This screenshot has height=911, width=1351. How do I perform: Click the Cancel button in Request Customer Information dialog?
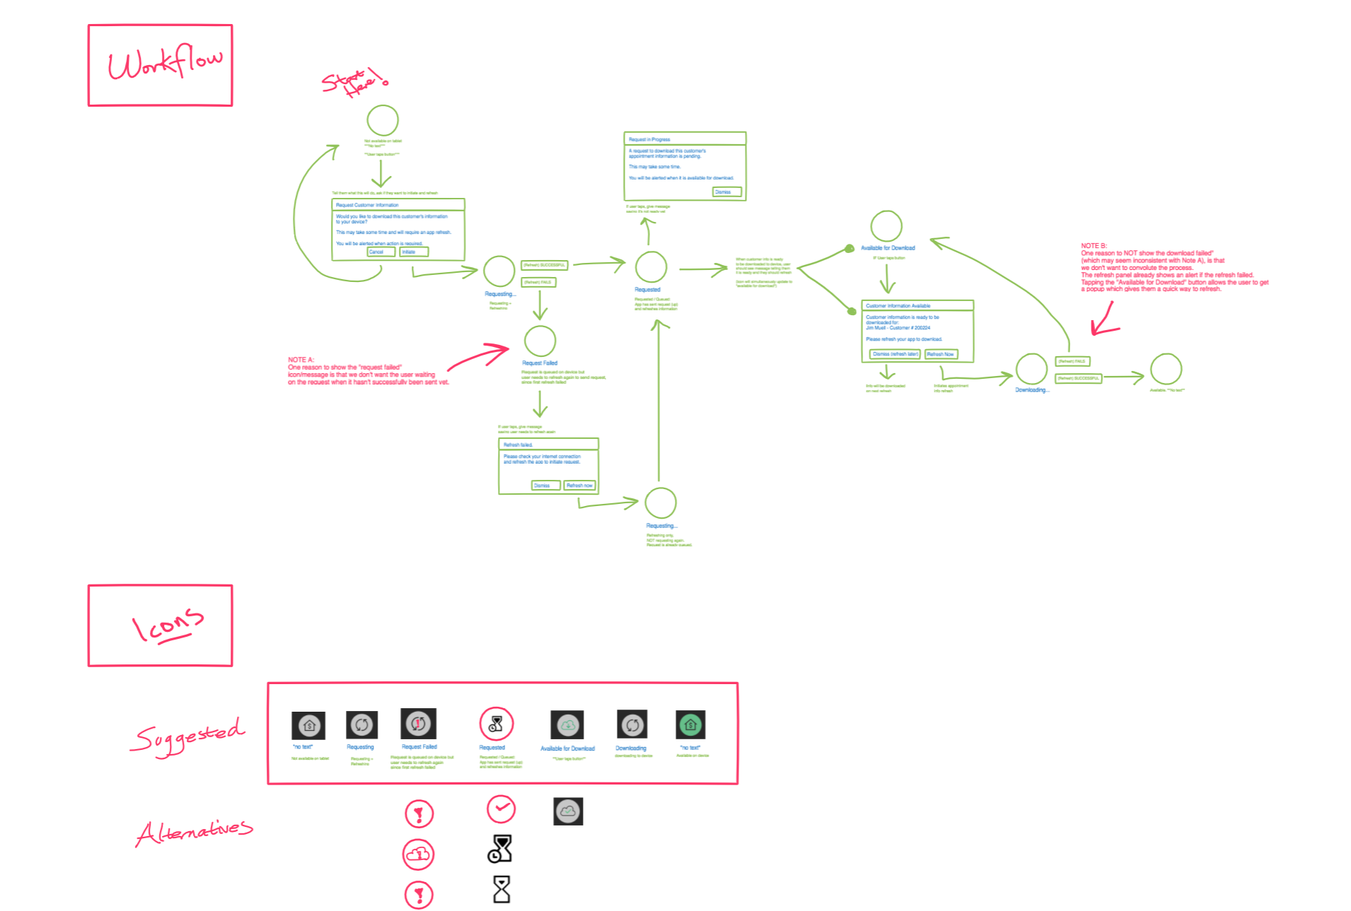[381, 252]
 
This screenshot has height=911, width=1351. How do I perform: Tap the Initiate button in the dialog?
[414, 252]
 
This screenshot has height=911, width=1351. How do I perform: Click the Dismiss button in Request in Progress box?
[726, 192]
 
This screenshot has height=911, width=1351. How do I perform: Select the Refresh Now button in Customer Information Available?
[941, 354]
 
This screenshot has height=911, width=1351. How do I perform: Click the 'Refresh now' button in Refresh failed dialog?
[579, 486]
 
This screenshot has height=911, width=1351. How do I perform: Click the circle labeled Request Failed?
[540, 341]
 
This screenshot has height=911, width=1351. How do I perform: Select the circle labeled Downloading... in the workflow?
[1031, 369]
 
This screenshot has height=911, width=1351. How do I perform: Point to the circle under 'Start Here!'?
[383, 120]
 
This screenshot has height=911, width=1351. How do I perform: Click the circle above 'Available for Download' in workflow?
[886, 226]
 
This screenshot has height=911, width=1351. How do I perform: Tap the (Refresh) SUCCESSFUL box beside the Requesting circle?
[544, 265]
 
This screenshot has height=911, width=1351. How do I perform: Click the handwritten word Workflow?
[164, 64]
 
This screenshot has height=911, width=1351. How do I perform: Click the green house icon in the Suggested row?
[690, 724]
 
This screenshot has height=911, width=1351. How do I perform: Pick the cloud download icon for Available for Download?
[567, 725]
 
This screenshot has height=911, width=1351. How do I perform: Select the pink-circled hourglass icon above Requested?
[496, 724]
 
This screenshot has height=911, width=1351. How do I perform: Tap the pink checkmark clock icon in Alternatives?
[501, 809]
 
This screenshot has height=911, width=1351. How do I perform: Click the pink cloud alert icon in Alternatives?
[418, 854]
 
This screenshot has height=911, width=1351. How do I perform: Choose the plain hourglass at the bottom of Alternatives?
[501, 889]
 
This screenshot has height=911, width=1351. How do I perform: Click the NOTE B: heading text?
[1094, 246]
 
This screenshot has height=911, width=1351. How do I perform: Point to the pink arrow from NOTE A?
[479, 356]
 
